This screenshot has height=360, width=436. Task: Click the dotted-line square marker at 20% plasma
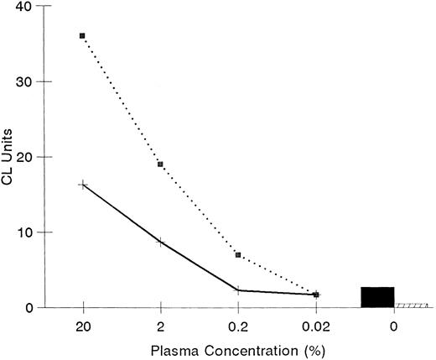tap(82, 36)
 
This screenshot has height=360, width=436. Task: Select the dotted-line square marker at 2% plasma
tap(160, 164)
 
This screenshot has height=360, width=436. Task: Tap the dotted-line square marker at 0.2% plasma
tap(238, 254)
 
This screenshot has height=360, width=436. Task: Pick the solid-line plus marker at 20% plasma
tap(82, 185)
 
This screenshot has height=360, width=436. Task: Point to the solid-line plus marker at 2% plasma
tap(160, 242)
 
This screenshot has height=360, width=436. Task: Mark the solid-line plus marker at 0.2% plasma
tap(238, 290)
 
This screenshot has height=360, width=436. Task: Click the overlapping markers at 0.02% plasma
tap(316, 295)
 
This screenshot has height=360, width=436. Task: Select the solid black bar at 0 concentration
tap(377, 297)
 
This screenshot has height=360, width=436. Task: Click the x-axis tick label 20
tap(82, 325)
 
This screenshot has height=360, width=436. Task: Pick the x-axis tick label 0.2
tap(238, 325)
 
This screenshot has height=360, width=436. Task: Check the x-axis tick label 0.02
tap(316, 325)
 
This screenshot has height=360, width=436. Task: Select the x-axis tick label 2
tap(160, 325)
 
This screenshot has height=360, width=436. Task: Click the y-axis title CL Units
tap(9, 156)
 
